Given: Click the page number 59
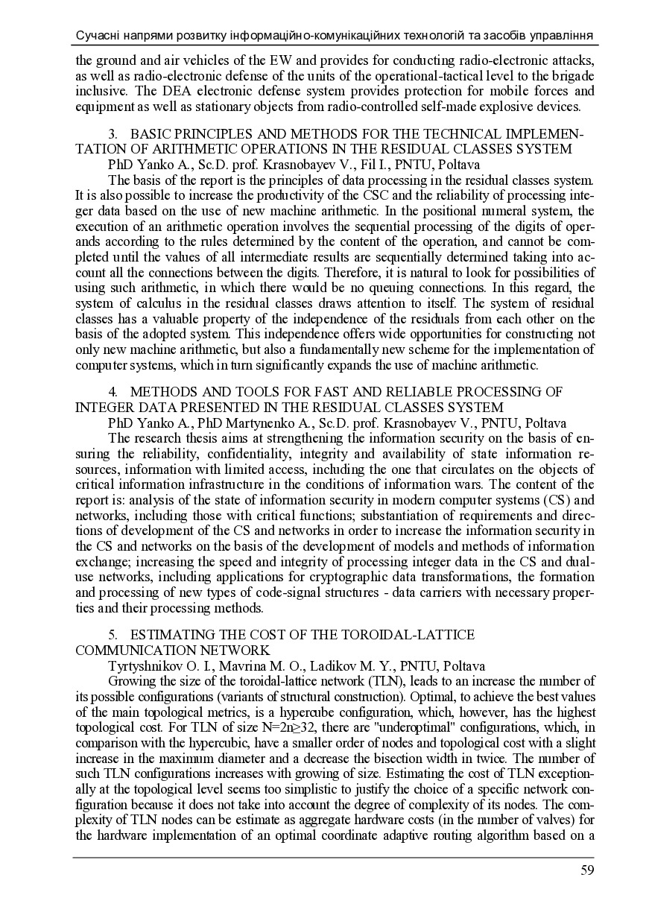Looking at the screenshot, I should (586, 870).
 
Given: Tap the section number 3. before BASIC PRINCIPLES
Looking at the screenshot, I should (113, 133).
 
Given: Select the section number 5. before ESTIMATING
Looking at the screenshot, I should (113, 634).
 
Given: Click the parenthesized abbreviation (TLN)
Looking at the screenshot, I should (386, 680).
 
